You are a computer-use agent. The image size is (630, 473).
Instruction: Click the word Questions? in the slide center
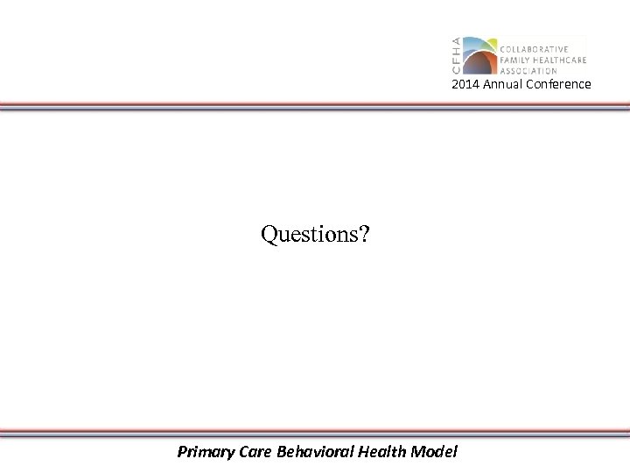pos(315,234)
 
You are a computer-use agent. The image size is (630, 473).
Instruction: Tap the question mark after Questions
pos(365,234)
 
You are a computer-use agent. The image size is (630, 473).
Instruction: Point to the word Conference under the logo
pos(558,84)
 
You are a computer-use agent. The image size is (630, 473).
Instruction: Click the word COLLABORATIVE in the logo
pos(534,49)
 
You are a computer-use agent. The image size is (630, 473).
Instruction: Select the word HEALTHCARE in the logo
pos(559,60)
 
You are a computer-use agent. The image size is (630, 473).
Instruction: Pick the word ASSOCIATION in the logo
pos(528,71)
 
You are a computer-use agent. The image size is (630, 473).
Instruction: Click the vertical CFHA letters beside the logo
pos(455,55)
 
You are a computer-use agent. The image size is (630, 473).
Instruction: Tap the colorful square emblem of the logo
pos(479,55)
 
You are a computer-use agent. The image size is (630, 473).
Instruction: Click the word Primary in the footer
pos(203,452)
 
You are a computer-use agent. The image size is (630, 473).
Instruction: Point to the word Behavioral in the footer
pos(315,452)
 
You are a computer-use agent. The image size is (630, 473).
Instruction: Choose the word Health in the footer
pos(382,452)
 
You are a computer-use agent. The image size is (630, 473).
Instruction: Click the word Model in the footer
pos(434,452)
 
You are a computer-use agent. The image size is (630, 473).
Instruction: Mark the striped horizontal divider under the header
pos(315,106)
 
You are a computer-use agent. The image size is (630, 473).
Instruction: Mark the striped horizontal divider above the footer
pos(315,432)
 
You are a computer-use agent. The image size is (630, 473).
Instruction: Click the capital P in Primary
pos(182,452)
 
